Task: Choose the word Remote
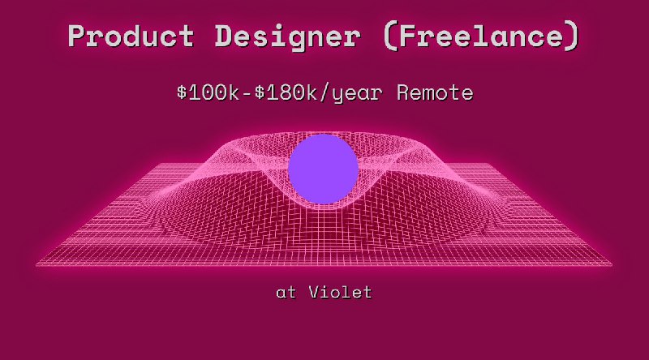point(435,92)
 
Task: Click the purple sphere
point(323,169)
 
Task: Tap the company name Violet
point(340,292)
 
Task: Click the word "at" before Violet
point(286,292)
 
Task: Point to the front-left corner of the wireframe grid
point(37,264)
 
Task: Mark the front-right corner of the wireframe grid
point(612,264)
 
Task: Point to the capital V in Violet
point(314,292)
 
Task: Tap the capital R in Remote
point(403,92)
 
